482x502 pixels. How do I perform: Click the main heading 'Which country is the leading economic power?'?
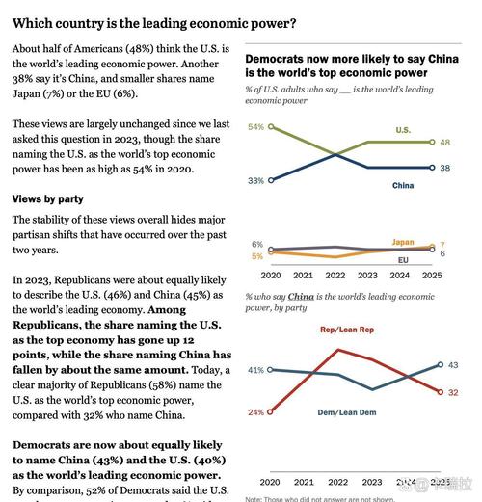[154, 23]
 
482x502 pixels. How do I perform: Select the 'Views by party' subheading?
[46, 198]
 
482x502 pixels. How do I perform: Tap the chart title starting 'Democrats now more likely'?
[343, 65]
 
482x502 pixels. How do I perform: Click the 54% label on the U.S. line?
[255, 127]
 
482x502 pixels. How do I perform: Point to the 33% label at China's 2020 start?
[255, 180]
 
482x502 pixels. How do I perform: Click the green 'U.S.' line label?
[403, 129]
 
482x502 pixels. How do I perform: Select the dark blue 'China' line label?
[403, 185]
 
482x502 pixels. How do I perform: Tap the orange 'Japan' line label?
[403, 242]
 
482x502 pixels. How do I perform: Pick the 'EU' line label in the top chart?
[403, 260]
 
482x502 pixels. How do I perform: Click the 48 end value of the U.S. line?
[445, 142]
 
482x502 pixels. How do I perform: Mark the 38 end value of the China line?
[445, 168]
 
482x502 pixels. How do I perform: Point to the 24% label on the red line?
[255, 412]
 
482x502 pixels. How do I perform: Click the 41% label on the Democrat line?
[255, 370]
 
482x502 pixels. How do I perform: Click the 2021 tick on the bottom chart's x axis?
[304, 481]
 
